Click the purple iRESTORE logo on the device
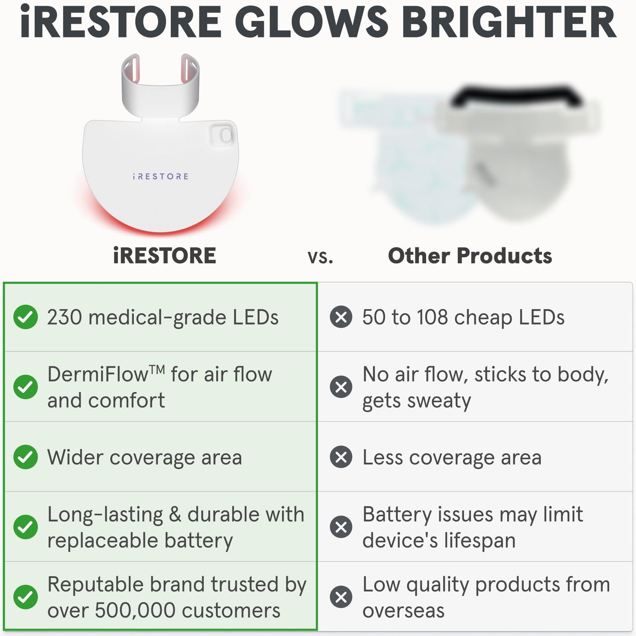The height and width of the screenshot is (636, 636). click(x=161, y=176)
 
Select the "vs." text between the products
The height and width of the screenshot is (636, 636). click(x=320, y=257)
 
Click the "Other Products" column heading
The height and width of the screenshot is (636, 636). click(x=470, y=256)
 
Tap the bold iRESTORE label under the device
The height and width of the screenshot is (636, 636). click(x=165, y=256)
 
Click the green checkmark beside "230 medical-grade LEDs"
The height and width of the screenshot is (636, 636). click(x=26, y=317)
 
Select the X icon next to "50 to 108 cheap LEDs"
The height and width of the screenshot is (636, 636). click(x=341, y=317)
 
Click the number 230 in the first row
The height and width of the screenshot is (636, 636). click(x=64, y=317)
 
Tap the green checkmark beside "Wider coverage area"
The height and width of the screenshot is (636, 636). click(x=26, y=457)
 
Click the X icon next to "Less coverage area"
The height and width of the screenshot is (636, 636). click(x=341, y=457)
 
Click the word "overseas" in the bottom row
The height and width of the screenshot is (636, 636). click(x=403, y=610)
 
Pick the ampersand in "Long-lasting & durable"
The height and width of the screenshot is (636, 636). click(x=175, y=515)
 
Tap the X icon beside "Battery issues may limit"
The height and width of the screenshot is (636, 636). click(x=341, y=527)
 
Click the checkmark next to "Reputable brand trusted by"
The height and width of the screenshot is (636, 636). click(x=26, y=597)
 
